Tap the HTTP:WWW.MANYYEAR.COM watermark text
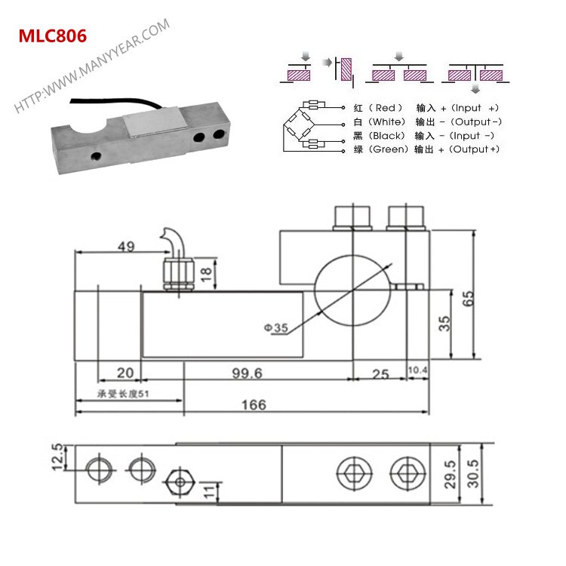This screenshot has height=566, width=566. pos(91,67)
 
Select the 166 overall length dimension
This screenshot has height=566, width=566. pos(254,405)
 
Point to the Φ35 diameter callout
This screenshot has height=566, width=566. pos(276,328)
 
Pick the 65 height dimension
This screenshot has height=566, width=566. pos(469,297)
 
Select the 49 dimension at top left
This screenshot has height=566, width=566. pos(126,246)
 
